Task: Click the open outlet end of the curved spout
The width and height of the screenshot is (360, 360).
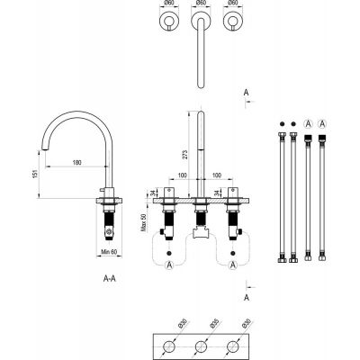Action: [43, 153]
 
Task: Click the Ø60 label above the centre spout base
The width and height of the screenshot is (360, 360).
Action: [202, 4]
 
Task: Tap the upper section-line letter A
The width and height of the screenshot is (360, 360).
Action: [247, 91]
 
